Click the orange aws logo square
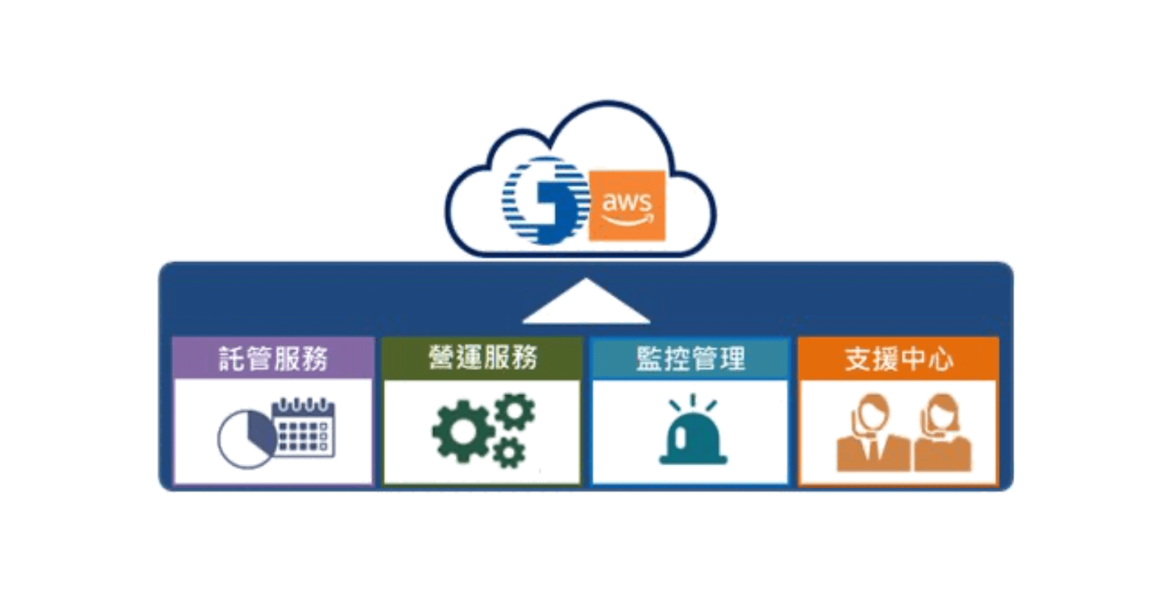626,205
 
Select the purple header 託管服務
273,359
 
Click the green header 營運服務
482,359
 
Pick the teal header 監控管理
691,359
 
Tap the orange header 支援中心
898,359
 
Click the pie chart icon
246,439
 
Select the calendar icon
304,428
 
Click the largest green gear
462,431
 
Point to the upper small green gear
515,412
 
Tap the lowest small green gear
509,452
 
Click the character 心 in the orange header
940,360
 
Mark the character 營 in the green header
441,359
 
